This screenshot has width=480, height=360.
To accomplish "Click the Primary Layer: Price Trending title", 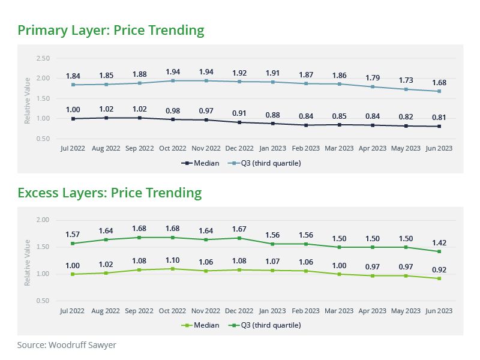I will pyautogui.click(x=111, y=30).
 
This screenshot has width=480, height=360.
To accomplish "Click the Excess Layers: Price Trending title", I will pyautogui.click(x=110, y=193).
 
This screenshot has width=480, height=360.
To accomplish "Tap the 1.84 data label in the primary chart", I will pyautogui.click(x=73, y=76).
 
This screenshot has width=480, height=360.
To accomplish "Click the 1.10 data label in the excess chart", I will pyautogui.click(x=173, y=260).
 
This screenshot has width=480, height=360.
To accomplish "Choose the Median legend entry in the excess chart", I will pyautogui.click(x=198, y=325).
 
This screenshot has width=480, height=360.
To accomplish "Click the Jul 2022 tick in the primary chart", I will pyautogui.click(x=73, y=148).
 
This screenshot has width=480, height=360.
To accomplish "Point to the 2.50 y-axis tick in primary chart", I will pyautogui.click(x=43, y=58).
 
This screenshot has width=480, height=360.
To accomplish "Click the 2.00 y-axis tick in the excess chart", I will pyautogui.click(x=43, y=220).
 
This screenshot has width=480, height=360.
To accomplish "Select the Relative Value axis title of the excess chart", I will pyautogui.click(x=27, y=262).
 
